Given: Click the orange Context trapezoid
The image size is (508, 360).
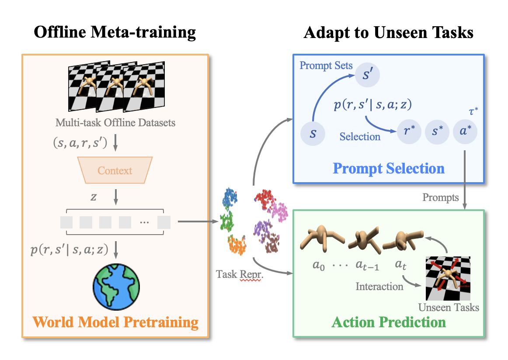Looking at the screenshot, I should coord(115,170).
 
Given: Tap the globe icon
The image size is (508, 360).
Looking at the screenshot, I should coord(115,287).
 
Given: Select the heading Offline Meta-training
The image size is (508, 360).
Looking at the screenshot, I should coord(115,33).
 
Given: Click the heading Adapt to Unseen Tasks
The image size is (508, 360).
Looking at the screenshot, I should coord(389,33).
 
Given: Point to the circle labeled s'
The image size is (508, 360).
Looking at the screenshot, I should coord(367,75).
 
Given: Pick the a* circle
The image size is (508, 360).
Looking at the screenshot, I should coord(465,132).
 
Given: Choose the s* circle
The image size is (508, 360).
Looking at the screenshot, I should coord(437,132).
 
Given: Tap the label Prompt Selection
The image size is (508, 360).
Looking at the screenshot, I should coord(389,168).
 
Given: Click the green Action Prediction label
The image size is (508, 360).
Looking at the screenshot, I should coord(389,322).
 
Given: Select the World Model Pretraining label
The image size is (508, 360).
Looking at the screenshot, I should coord(116,322).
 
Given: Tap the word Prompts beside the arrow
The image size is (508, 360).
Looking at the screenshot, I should coord(441,197).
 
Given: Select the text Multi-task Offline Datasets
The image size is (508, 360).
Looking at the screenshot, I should coord(115,122).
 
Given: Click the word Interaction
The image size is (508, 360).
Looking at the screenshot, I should coord(379,287).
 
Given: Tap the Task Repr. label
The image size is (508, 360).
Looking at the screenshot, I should coord(239,274).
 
